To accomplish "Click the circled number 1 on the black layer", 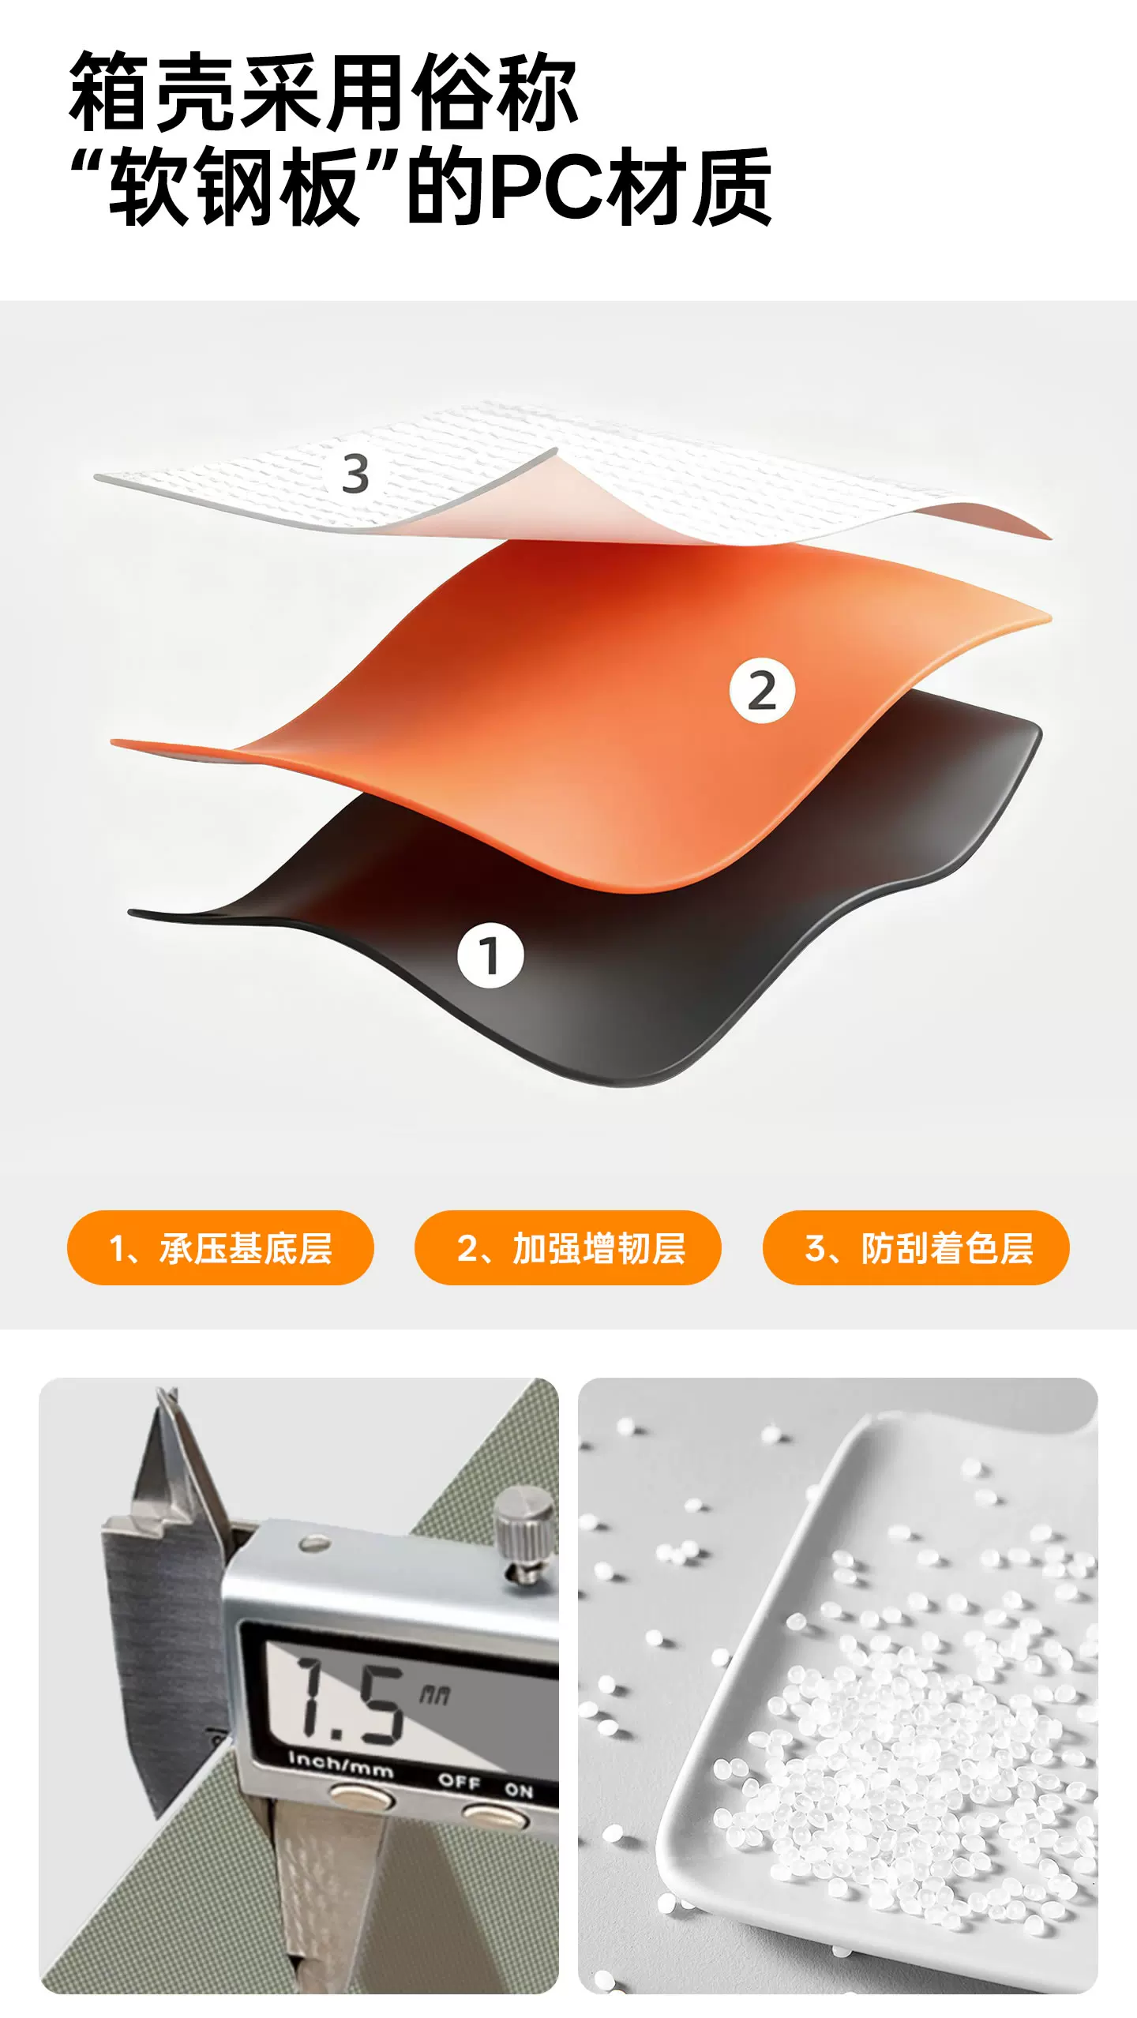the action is click(490, 956).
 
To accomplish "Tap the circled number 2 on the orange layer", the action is click(762, 691).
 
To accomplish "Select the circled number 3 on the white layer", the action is click(355, 474).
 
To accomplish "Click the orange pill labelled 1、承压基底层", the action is click(220, 1248).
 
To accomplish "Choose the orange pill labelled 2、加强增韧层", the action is click(568, 1248).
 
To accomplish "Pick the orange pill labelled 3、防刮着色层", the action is click(916, 1248).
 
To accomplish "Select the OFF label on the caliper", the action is click(459, 1780).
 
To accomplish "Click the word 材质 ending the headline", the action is click(693, 186).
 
